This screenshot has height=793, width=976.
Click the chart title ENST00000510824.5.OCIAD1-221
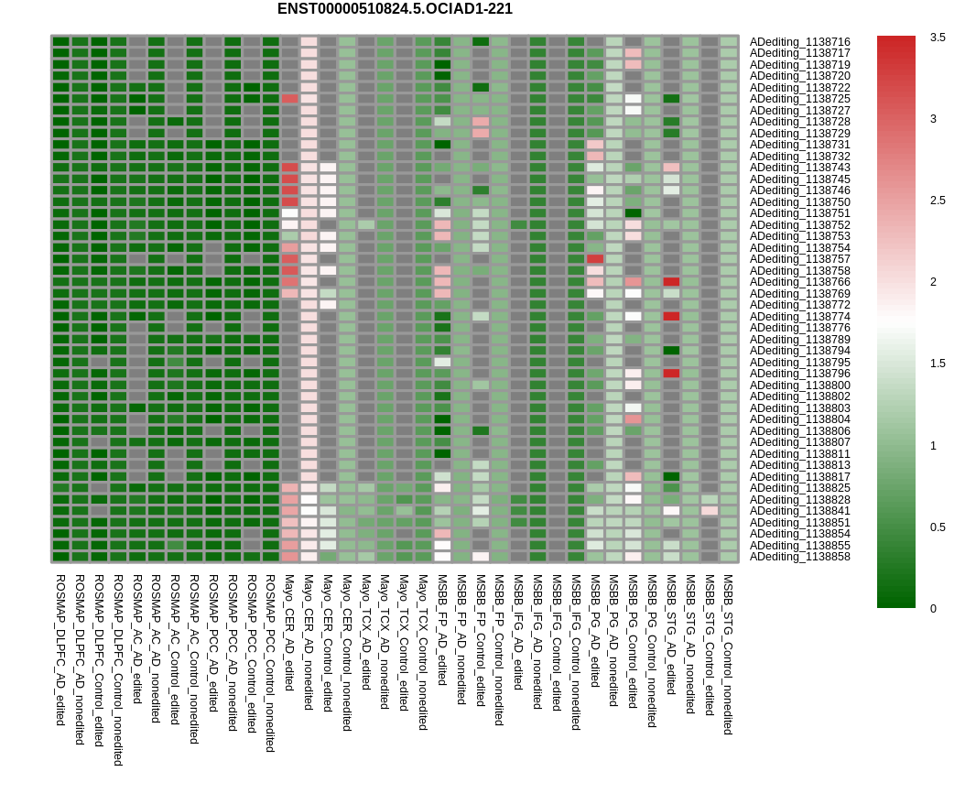[x=395, y=9]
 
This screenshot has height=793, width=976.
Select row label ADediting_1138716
[x=799, y=42]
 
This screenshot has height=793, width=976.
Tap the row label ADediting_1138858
[x=799, y=557]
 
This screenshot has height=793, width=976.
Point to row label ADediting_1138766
[x=799, y=282]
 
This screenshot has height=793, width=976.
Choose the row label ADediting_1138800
[x=799, y=386]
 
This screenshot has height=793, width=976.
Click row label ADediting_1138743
[x=799, y=168]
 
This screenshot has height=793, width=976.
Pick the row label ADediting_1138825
[x=799, y=488]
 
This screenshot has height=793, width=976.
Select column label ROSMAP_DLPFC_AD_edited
[x=60, y=650]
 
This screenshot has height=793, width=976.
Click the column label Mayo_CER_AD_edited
[x=289, y=633]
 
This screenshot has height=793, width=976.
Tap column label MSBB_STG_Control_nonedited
[x=729, y=655]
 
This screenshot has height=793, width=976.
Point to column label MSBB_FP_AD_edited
[x=442, y=630]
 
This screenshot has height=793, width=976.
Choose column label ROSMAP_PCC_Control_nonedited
[x=270, y=664]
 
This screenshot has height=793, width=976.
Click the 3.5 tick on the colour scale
[x=938, y=38]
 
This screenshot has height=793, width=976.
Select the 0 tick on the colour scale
[x=934, y=609]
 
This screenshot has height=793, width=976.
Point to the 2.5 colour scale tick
[x=938, y=201]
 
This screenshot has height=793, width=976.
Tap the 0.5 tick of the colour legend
[x=938, y=527]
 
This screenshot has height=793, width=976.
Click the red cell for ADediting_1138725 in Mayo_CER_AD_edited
[x=289, y=99]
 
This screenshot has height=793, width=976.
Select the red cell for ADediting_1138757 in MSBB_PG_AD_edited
[x=595, y=259]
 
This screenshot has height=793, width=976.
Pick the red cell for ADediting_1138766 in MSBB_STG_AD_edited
[x=671, y=282]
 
